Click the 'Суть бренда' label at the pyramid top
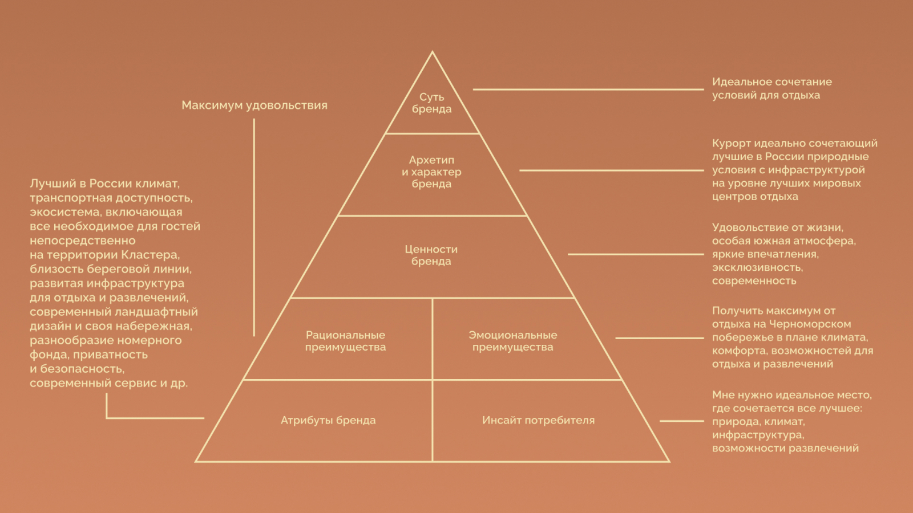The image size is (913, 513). coord(431,103)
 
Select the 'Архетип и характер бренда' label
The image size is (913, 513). coord(431,172)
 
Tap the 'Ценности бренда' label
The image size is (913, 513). coord(431,255)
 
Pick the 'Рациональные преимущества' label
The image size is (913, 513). coord(345,341)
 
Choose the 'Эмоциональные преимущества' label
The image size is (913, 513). coord(512,341)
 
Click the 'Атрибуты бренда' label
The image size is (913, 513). coord(328,420)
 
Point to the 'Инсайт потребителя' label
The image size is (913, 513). coord(538,420)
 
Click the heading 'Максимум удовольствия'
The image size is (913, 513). coord(254,105)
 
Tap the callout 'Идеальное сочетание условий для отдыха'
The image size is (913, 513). coord(771,88)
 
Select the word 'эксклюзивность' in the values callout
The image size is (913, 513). coord(757,267)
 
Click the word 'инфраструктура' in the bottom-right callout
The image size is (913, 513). coord(757,435)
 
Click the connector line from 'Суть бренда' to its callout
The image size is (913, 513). coord(588,89)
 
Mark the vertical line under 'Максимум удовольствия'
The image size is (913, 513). coord(254,228)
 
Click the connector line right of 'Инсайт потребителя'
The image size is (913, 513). coord(681,421)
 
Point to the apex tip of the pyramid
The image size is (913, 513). coord(432,52)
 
